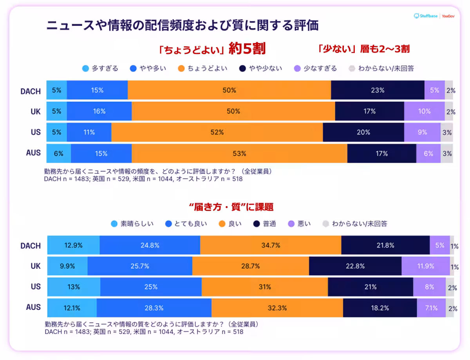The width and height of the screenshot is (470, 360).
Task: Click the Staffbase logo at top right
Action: pos(426,16)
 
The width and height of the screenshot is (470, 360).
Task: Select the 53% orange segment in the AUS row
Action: pos(239,154)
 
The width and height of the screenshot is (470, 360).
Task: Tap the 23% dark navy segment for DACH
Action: pos(378,90)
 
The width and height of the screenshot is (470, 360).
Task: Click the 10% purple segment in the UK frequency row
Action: pos(424,112)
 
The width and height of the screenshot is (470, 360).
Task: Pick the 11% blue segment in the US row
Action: pos(89,133)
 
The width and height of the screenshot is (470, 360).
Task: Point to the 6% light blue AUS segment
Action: pos(58,154)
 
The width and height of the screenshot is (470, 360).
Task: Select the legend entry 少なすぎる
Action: pos(315,68)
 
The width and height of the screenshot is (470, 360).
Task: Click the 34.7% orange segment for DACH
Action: pos(270,246)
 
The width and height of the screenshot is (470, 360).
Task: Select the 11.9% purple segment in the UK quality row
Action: pos(425,266)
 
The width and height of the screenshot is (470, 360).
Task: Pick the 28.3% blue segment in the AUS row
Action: pos(154,308)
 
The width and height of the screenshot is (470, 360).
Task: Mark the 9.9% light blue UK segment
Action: pos(67,266)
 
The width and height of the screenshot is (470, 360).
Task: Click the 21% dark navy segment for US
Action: pos(370,287)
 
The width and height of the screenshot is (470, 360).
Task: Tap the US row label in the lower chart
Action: pos(36,287)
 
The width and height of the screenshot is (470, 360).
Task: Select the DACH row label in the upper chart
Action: pos(31,91)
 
